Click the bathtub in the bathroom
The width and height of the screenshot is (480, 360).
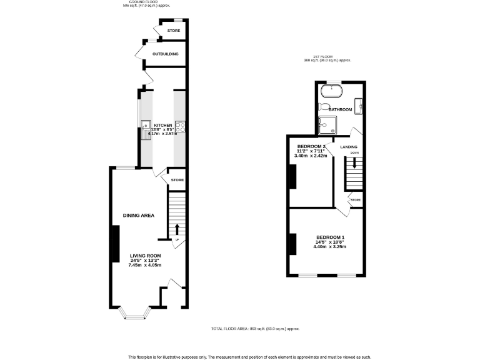click(x=331, y=92)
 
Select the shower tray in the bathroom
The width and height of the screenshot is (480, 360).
click(x=326, y=126)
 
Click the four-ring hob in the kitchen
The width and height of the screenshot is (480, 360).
click(x=179, y=127)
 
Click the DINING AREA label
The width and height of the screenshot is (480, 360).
click(x=138, y=216)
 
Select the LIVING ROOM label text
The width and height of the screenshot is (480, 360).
click(x=146, y=256)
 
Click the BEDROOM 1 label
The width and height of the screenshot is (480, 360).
click(x=329, y=237)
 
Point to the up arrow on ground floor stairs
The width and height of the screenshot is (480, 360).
click(x=176, y=229)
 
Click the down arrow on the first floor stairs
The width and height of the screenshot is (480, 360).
click(x=354, y=163)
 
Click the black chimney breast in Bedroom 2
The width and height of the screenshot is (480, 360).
click(x=292, y=176)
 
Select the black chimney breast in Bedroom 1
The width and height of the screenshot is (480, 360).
click(x=292, y=243)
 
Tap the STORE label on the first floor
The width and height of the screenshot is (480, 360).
click(x=355, y=200)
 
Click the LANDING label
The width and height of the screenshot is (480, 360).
click(x=349, y=147)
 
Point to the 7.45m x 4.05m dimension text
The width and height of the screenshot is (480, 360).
click(x=146, y=265)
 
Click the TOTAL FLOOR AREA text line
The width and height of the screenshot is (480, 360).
click(x=255, y=329)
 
